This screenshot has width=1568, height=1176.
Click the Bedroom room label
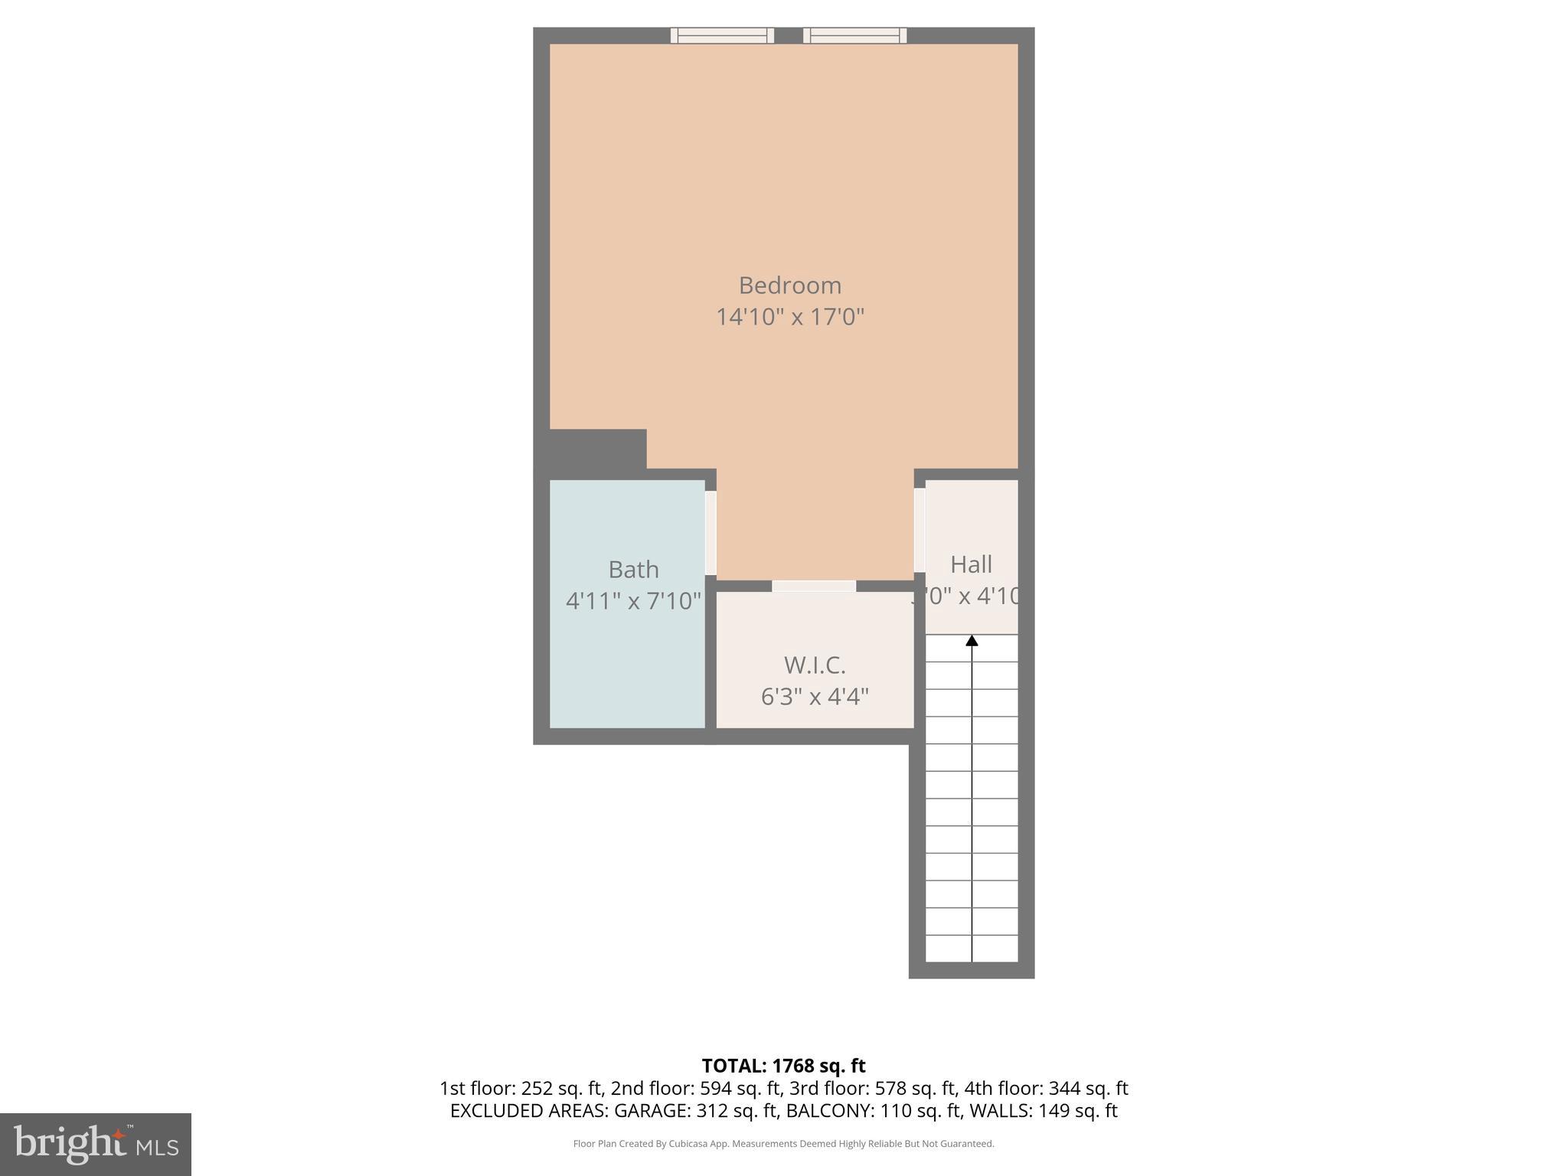[789, 286]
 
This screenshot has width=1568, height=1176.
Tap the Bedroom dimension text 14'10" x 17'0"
[789, 317]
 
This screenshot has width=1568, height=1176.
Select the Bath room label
[633, 570]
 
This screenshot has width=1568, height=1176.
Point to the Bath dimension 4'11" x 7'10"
[633, 601]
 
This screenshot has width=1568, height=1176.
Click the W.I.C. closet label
[815, 665]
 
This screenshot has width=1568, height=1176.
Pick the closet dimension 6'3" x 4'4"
[815, 697]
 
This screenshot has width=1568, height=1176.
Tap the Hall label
[971, 564]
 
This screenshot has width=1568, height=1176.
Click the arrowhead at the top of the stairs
[972, 641]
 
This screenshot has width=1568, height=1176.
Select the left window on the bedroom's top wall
[722, 35]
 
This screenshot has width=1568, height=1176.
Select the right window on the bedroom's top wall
[854, 35]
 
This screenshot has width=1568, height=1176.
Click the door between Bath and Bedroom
[710, 533]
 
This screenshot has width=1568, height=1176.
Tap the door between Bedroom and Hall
[920, 530]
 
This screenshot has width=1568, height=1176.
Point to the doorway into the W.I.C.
[813, 586]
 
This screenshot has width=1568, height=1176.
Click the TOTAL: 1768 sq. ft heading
[783, 1066]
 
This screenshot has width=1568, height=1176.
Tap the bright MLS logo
[96, 1144]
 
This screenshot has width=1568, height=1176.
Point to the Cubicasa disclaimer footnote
[783, 1144]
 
